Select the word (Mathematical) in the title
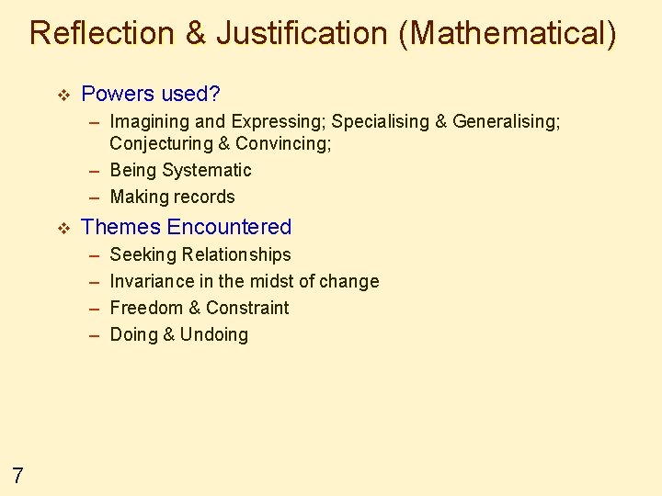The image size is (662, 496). coord(508,33)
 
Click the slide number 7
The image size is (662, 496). coord(17,475)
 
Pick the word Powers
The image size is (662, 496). coord(118,94)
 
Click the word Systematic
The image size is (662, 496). coord(206,170)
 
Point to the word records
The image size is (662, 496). coord(205,197)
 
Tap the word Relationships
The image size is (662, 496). coord(236,254)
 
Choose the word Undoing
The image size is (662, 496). coord(214,334)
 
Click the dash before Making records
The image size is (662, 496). coord(95,197)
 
